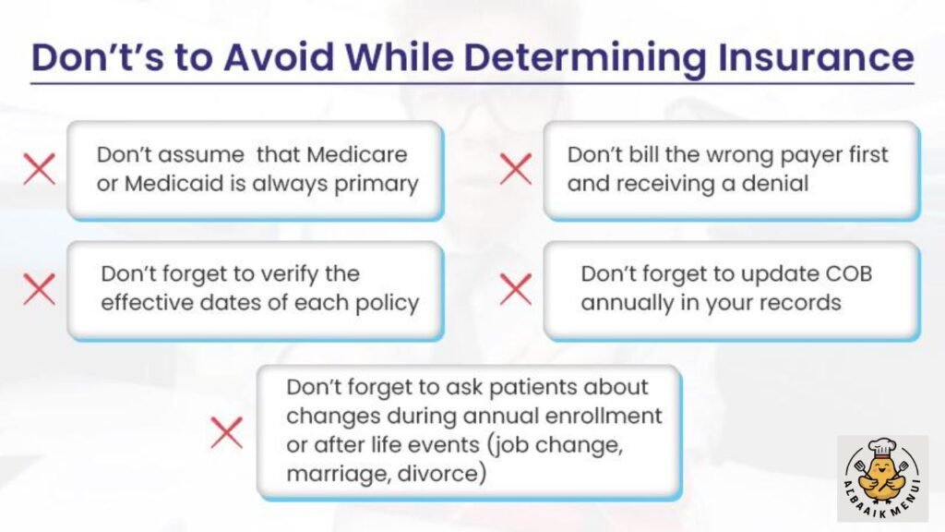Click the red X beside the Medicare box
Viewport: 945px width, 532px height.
[39, 170]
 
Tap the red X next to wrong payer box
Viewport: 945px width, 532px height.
[515, 170]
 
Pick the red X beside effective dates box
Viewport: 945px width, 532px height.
[39, 289]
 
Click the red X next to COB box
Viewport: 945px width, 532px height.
[515, 289]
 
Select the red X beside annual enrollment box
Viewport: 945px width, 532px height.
[226, 432]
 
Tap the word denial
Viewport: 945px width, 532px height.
[777, 183]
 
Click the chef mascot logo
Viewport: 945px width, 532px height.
[881, 480]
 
